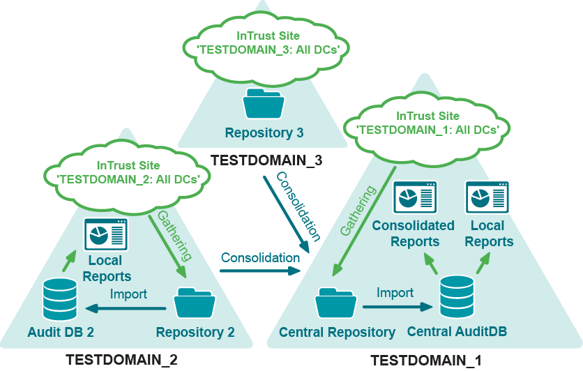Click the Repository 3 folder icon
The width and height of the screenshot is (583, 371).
click(264, 105)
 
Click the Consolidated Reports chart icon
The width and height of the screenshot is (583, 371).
click(415, 198)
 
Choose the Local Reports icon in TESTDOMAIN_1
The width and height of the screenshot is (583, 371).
click(487, 198)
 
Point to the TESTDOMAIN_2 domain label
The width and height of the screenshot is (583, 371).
click(122, 361)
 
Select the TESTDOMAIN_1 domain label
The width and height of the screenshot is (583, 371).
click(426, 361)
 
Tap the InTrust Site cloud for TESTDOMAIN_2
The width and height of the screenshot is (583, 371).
click(128, 172)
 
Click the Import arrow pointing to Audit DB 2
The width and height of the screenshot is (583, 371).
click(126, 308)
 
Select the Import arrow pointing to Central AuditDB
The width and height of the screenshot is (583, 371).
click(395, 305)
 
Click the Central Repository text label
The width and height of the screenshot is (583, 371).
click(337, 333)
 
